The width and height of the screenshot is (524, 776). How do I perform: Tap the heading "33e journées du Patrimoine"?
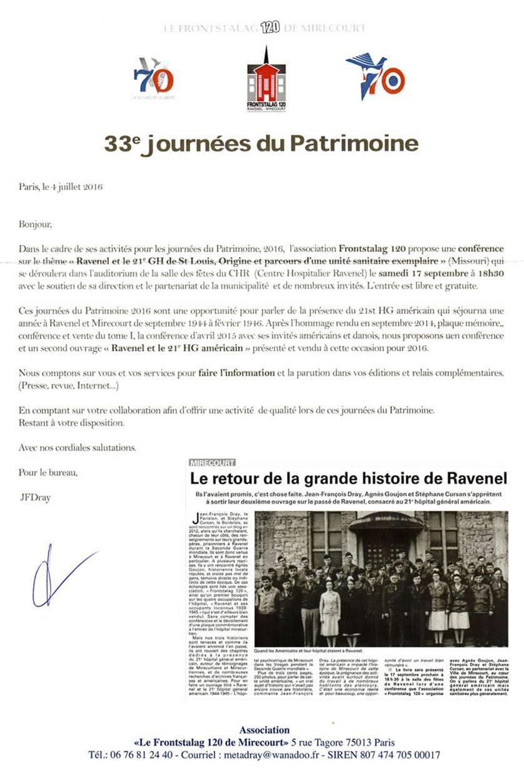click(x=261, y=143)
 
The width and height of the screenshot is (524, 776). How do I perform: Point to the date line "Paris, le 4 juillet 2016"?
click(x=61, y=186)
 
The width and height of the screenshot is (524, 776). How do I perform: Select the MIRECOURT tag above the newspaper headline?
click(x=212, y=463)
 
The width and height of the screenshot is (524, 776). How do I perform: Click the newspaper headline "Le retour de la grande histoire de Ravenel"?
click(x=348, y=480)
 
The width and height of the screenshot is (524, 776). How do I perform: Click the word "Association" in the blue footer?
click(x=265, y=730)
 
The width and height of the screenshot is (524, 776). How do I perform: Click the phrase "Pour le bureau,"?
click(x=48, y=473)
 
